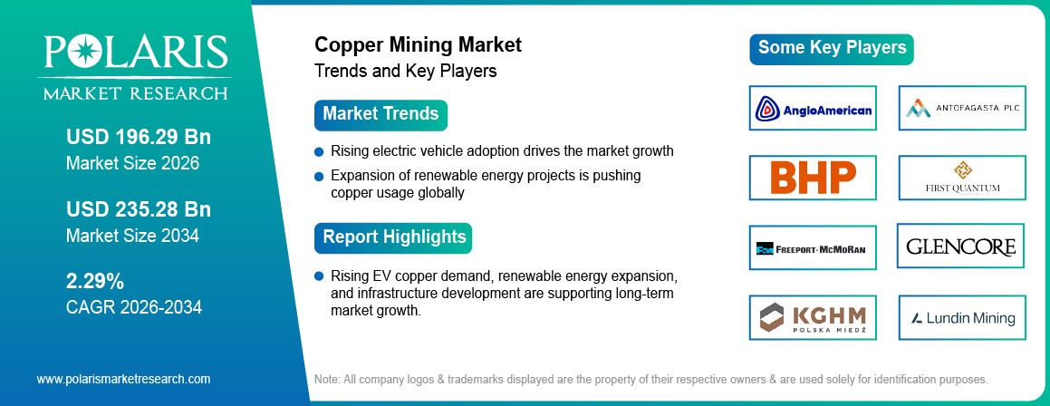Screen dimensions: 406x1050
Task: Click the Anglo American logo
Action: tap(813, 110)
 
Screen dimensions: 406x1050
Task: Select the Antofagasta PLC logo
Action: tap(961, 110)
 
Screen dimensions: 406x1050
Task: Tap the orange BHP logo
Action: tap(813, 178)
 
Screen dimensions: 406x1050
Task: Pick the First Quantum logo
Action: tap(961, 178)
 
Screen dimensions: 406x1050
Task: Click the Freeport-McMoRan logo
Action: tap(813, 247)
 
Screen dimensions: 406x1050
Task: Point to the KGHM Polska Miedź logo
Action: tap(813, 317)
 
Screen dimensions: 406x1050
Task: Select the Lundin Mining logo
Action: tap(961, 317)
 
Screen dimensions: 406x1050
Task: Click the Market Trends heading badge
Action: tap(381, 114)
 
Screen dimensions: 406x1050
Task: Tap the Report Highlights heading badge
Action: tap(393, 237)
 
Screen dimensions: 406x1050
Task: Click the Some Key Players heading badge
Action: tap(831, 48)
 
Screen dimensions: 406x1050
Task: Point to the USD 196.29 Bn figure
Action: tap(138, 138)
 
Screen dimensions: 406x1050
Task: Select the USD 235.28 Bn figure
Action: tap(138, 209)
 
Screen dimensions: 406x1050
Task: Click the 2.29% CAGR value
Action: tap(95, 280)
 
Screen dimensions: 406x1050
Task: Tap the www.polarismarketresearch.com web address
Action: tap(123, 379)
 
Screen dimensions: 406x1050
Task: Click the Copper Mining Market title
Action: tap(418, 44)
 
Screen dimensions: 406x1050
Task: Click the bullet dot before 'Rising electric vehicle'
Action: tap(319, 151)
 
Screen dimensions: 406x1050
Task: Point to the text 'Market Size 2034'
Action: tap(132, 236)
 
